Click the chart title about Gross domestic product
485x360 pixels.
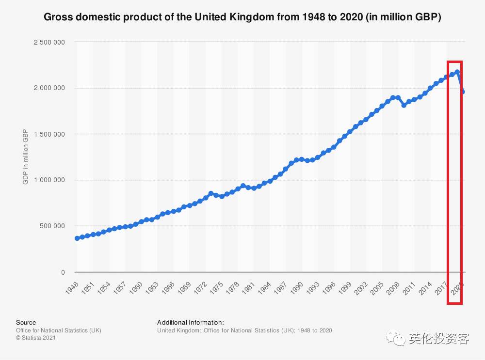242,18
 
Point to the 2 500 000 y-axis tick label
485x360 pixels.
49,42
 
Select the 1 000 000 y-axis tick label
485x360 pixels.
49,180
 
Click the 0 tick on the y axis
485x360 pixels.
63,272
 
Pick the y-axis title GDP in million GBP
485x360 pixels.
26,157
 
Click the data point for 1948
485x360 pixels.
77,238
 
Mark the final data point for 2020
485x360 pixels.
463,92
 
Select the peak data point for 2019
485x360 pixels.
457,72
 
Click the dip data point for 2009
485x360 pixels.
404,105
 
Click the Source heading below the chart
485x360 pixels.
26,322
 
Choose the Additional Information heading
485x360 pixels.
191,322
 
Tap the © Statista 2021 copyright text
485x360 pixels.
36,338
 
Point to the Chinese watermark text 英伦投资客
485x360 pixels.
439,338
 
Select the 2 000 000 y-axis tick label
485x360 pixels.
49,88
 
